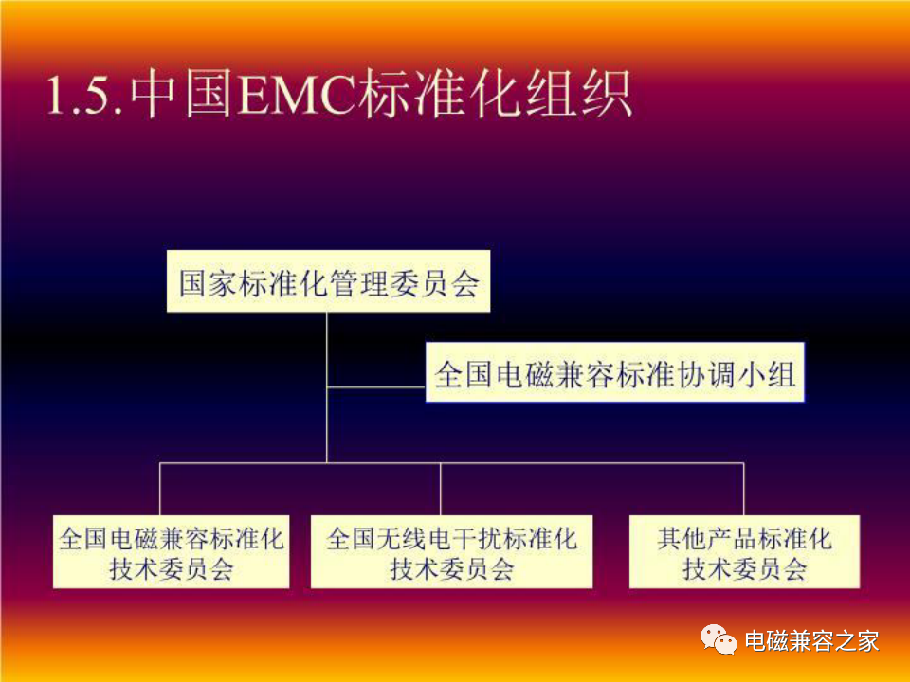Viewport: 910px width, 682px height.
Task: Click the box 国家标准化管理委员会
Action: pos(329,281)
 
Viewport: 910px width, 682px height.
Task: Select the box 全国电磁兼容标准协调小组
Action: pos(615,372)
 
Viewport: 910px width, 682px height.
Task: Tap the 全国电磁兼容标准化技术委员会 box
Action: pos(172,552)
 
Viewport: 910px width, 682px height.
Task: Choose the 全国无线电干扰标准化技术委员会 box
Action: pos(451,552)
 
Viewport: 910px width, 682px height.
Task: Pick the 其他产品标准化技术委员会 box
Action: pos(745,552)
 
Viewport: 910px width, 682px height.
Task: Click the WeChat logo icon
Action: pos(719,639)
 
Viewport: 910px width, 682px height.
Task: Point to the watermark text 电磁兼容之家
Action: pos(812,641)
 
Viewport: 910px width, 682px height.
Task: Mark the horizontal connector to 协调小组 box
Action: pos(376,386)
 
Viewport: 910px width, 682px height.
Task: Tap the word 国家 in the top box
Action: pos(209,283)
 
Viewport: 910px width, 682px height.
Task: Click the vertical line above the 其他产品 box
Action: pos(743,490)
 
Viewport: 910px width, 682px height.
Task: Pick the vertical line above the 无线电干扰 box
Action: pos(441,490)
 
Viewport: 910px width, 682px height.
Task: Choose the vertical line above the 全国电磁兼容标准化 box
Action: pos(160,490)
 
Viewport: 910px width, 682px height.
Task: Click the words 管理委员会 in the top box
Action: pos(405,283)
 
